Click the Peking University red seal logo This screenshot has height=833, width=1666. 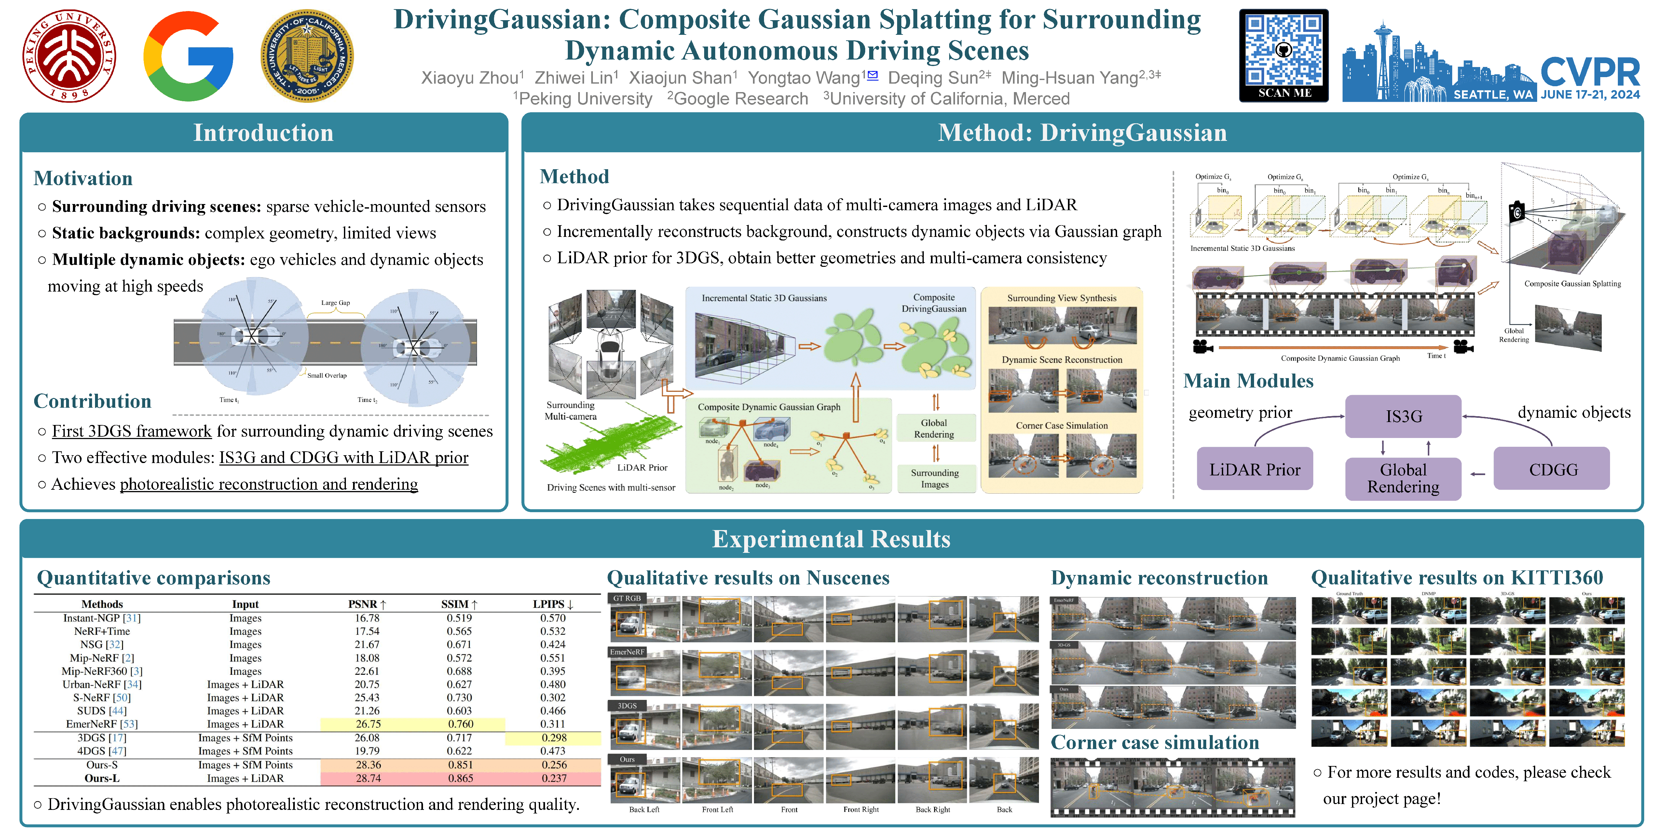(69, 56)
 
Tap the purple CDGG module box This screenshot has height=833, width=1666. (1552, 470)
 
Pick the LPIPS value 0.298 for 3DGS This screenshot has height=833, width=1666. (553, 737)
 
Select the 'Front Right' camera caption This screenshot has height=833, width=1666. (861, 809)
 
